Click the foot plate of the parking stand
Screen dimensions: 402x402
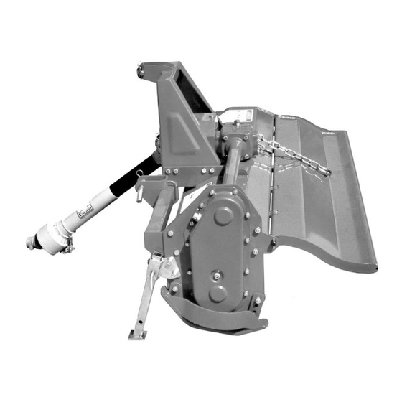pos(137,334)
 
